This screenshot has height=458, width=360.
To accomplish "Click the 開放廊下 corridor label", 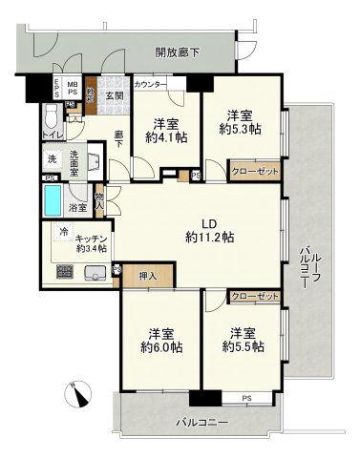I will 177,52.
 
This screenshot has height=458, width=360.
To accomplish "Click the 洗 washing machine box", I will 51,158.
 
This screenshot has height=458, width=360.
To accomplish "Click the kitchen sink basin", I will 95,274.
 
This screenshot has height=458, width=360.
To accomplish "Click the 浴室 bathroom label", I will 80,207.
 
